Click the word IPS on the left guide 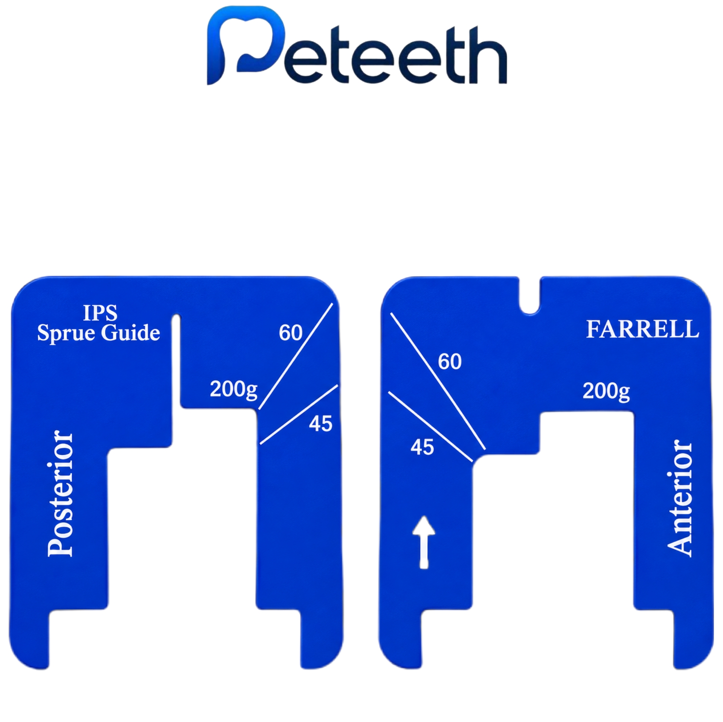tap(100, 313)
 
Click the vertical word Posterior tap(60, 494)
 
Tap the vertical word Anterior tap(679, 498)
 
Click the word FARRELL tap(642, 329)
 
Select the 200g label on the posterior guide tap(233, 389)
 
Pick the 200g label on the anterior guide tap(606, 391)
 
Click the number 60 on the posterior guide tap(290, 332)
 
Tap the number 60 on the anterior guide tap(450, 362)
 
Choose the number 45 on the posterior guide tap(320, 424)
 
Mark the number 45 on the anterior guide tap(422, 447)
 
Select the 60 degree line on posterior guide tap(296, 356)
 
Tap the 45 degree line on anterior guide tap(430, 427)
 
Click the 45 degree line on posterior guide tap(299, 415)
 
